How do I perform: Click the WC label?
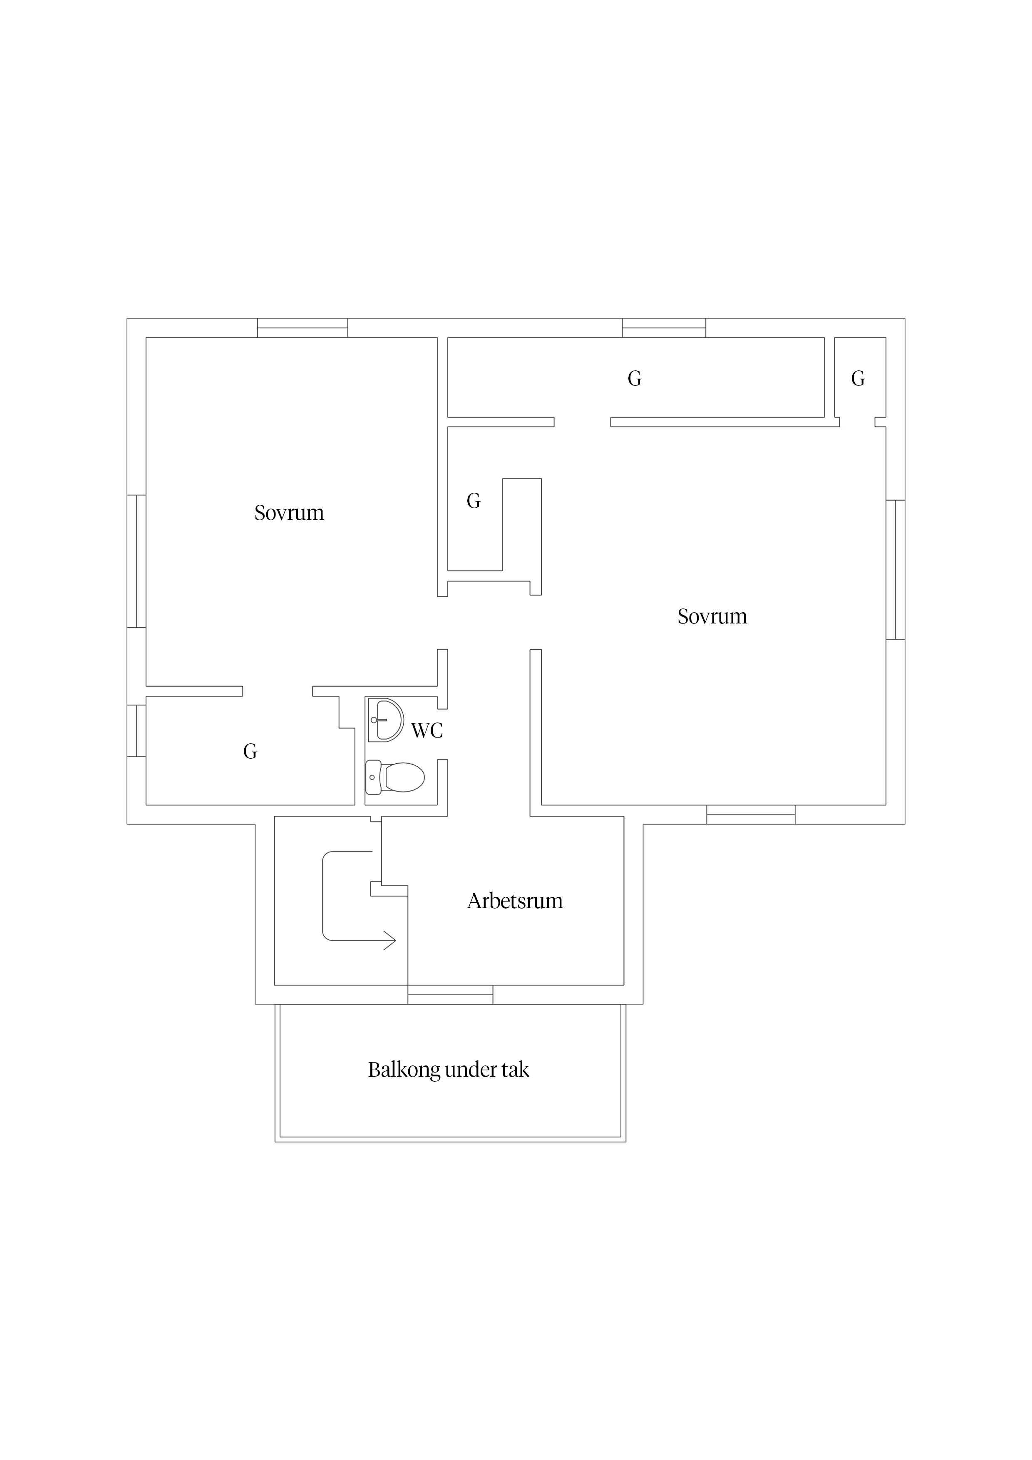(427, 731)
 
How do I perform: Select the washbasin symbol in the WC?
(386, 720)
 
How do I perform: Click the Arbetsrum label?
(515, 901)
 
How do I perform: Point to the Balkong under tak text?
(448, 1070)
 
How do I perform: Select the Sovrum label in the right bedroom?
(712, 616)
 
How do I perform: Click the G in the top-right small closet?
(858, 379)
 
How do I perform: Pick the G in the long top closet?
(635, 379)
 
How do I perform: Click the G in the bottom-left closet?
(251, 752)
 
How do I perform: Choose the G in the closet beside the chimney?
(474, 501)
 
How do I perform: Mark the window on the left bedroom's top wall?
(303, 328)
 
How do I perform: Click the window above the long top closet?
(664, 328)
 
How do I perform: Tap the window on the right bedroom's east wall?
(895, 570)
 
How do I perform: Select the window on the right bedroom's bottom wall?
(751, 814)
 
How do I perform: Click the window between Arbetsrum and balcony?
(450, 995)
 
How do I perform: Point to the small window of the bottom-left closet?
(137, 731)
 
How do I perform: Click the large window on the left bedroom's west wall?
(137, 561)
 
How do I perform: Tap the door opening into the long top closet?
(583, 422)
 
